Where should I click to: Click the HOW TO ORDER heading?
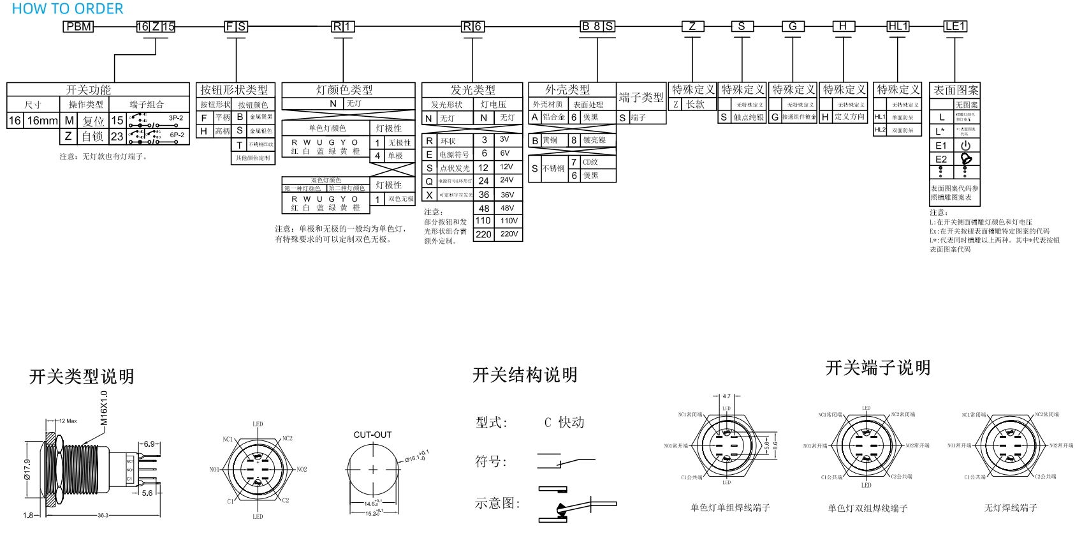pos(68,9)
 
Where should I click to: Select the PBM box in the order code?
pos(79,27)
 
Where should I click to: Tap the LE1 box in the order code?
pos(955,26)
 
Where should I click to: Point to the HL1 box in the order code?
pos(898,26)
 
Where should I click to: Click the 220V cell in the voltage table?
pos(509,234)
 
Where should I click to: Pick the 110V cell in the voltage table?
pos(509,221)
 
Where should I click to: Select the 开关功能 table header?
pos(89,90)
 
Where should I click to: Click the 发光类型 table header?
pos(472,90)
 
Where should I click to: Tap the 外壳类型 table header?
pos(567,90)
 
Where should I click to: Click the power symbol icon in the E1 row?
pos(965,146)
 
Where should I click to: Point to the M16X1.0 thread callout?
pos(104,408)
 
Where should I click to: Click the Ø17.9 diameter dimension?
pos(27,472)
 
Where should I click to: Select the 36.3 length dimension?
pos(103,515)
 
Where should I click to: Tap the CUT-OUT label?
pos(372,435)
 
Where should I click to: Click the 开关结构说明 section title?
pos(525,375)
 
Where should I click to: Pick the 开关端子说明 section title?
pos(877,368)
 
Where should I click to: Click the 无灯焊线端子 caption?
pos(1011,508)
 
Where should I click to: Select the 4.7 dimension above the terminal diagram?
pos(726,396)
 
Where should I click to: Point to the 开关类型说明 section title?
pos(82,377)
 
